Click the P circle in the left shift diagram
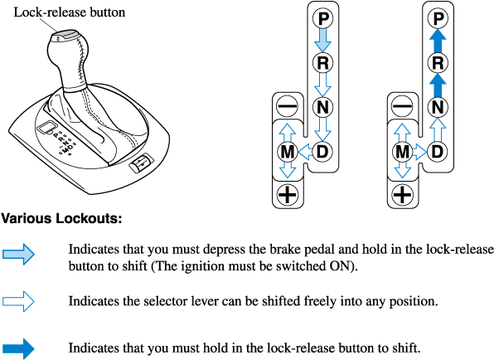323,18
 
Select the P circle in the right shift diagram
438,18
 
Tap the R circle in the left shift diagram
323,63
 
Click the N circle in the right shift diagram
438,107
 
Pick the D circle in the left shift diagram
322,152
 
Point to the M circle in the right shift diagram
402,152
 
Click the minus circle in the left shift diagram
288,106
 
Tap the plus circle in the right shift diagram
402,194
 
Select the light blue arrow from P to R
323,41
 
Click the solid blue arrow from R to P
438,41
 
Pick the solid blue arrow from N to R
438,85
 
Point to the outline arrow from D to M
305,152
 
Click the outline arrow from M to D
420,152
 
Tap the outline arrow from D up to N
438,129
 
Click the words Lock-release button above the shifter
70,12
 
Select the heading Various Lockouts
61,218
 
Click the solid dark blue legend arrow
18,348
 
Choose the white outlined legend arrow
18,301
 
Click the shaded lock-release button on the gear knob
67,34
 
